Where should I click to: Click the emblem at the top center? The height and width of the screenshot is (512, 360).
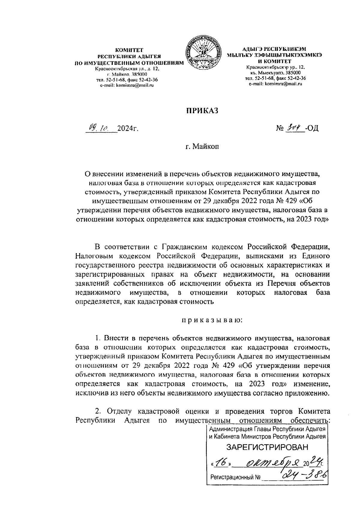tap(204, 54)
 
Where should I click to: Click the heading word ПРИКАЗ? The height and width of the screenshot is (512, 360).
tap(201, 111)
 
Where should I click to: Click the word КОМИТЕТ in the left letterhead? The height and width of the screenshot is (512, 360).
tap(129, 50)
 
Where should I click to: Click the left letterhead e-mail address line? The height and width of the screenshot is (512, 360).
tap(127, 85)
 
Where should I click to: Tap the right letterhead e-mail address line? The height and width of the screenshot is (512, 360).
tap(275, 84)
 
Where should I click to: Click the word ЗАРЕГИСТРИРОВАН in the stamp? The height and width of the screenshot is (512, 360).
tap(267, 447)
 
